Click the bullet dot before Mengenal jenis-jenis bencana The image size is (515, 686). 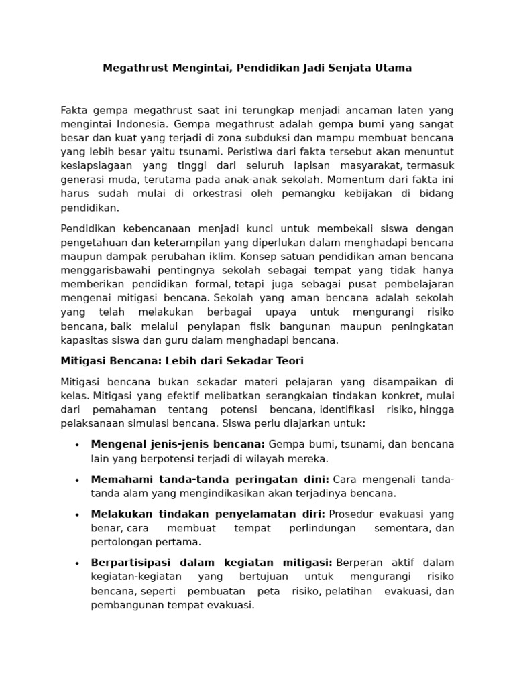[77, 445]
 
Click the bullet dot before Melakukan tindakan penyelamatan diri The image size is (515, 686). [77, 514]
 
